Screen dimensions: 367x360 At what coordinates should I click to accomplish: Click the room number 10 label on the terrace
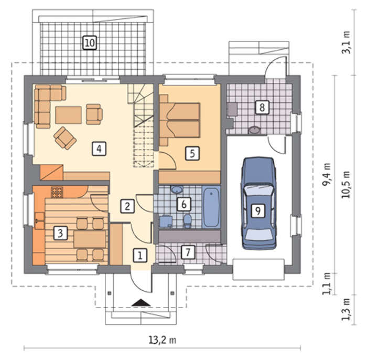click(90, 43)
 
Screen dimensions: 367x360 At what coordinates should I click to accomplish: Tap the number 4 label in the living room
click(99, 149)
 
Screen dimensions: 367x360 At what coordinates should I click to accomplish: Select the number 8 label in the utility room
click(262, 107)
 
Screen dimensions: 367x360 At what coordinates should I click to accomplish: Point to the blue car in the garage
click(258, 203)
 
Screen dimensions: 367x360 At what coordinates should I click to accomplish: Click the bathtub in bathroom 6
click(211, 207)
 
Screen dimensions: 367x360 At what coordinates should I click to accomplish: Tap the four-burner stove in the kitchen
click(57, 192)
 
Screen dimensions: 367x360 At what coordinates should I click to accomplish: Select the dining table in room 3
click(90, 239)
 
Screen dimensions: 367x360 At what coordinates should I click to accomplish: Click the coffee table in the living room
click(68, 115)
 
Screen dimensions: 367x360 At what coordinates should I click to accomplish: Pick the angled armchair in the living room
click(65, 138)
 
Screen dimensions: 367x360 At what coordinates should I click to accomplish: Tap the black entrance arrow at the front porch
click(141, 303)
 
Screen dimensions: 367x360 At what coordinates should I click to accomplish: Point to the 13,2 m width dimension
click(163, 340)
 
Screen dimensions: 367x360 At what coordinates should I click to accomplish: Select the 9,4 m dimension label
click(327, 175)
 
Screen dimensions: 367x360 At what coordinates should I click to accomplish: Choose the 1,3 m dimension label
click(346, 310)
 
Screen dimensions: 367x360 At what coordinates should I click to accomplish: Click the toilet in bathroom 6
click(188, 220)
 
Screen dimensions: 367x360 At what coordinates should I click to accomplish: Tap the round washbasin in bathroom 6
click(177, 189)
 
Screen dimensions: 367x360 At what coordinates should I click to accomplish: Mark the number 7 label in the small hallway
click(188, 252)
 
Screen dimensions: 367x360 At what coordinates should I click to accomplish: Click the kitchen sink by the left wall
click(39, 221)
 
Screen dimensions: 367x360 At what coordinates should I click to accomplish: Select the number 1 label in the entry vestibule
click(140, 255)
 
